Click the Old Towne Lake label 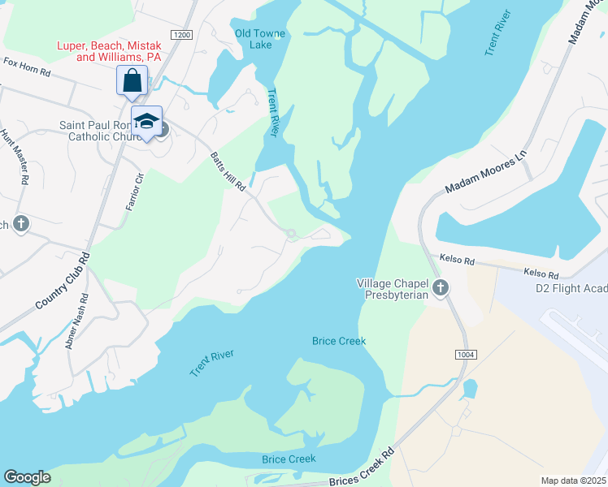[253, 39]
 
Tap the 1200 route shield [183, 35]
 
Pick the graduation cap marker [146, 122]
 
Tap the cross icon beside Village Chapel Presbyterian [441, 287]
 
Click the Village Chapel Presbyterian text [397, 289]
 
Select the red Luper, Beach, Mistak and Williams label [108, 52]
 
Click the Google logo [28, 477]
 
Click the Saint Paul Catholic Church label [98, 131]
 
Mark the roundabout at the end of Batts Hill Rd [291, 235]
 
